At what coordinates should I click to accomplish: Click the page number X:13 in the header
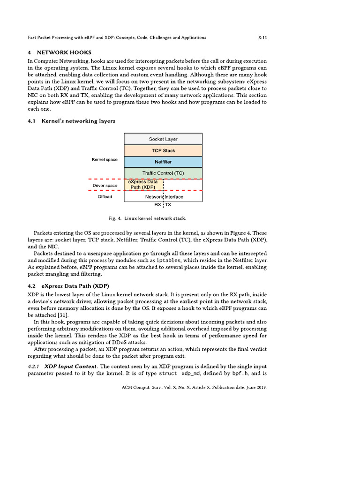click(262, 37)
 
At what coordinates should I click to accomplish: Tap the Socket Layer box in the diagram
click(163, 139)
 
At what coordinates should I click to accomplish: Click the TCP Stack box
click(163, 150)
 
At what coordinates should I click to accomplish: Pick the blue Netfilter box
click(163, 162)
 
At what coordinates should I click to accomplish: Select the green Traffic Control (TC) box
click(163, 173)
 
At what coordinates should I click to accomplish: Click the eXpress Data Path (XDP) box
click(143, 184)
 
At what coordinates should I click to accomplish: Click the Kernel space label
click(105, 160)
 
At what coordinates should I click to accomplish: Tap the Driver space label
click(105, 186)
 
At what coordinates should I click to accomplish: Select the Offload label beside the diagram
click(105, 197)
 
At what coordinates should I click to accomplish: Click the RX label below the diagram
click(158, 205)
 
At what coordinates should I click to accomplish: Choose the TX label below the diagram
click(168, 205)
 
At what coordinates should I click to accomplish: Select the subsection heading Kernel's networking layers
click(78, 121)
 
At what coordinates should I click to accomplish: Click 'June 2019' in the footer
click(253, 388)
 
